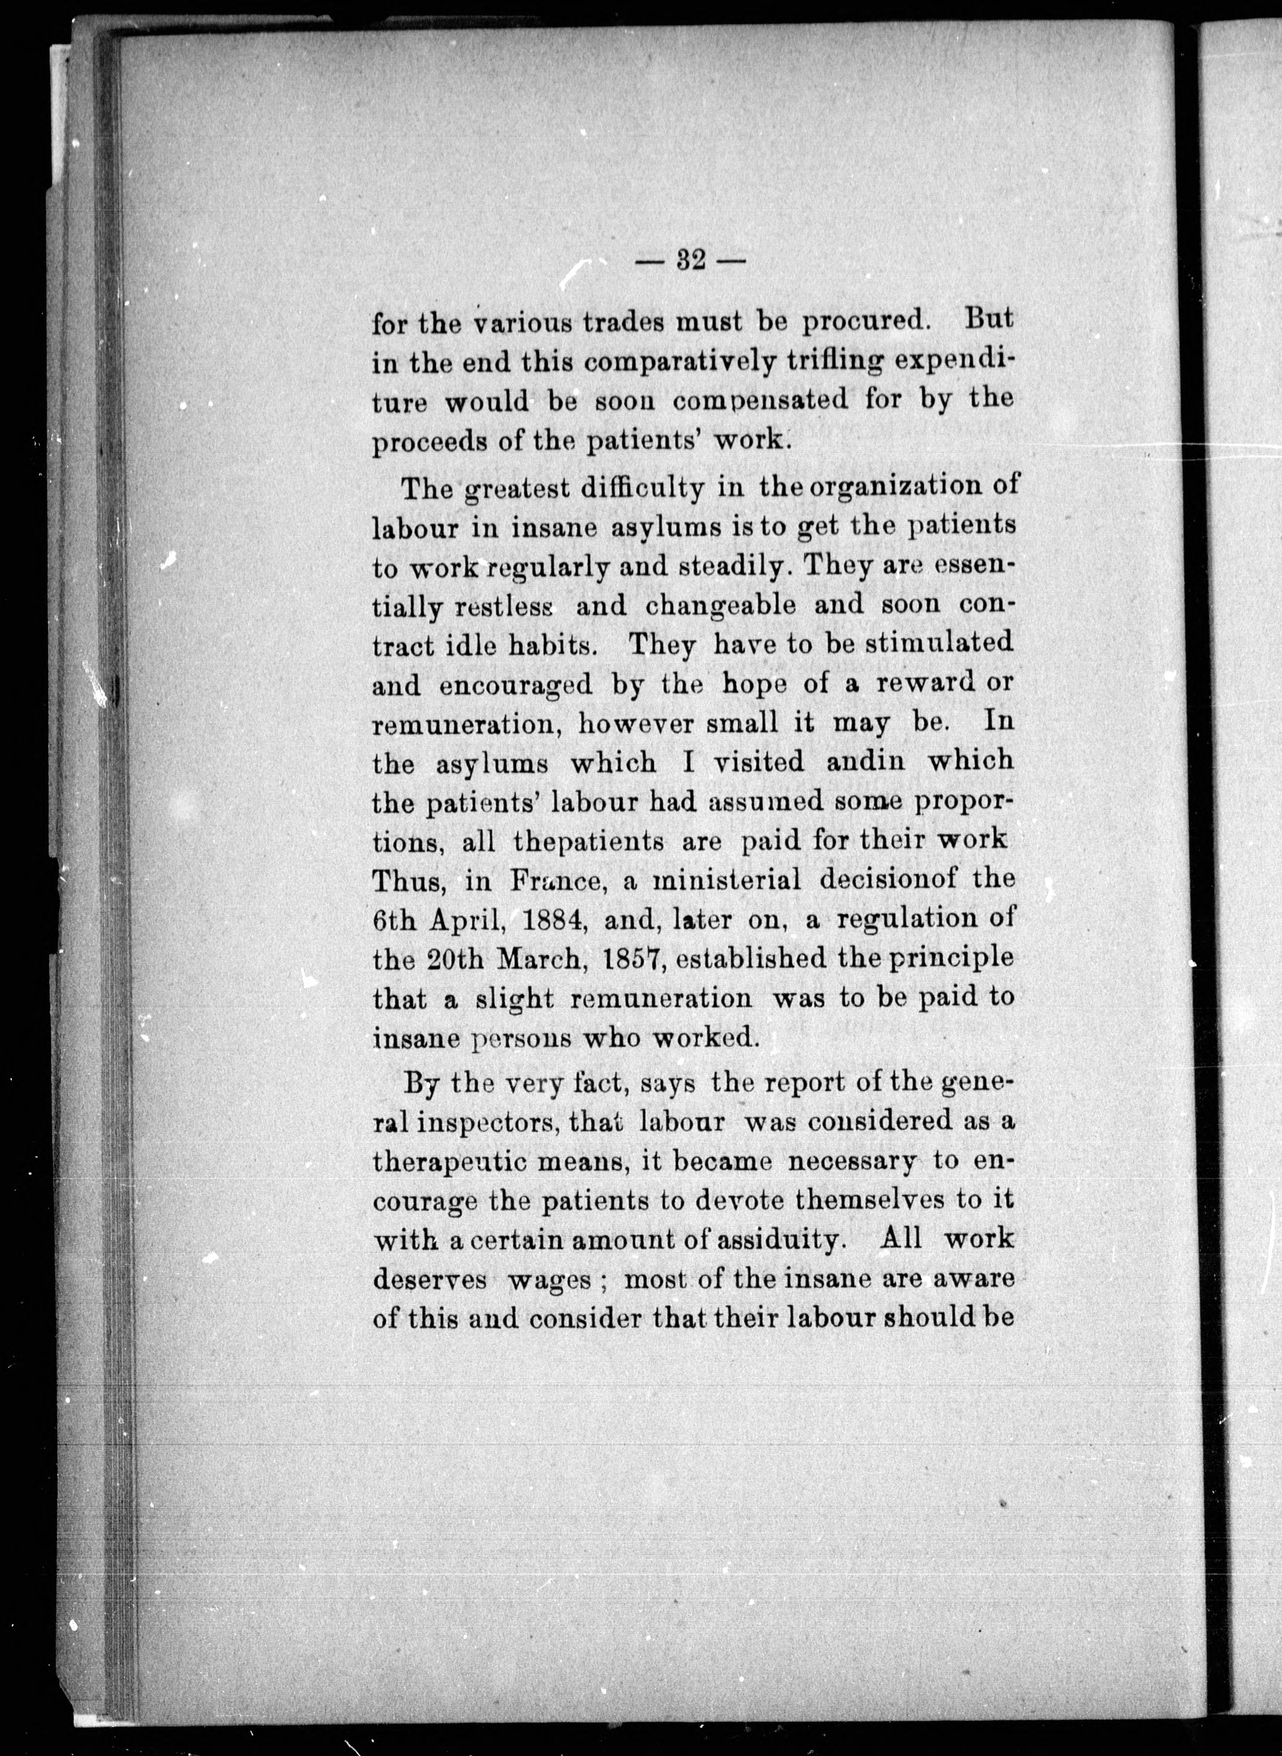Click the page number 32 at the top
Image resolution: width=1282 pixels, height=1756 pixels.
coord(690,262)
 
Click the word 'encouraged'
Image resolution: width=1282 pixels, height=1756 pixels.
coord(515,685)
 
